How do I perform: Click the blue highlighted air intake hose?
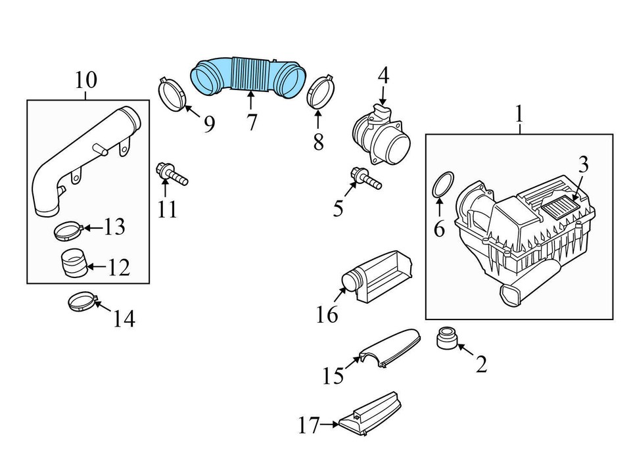pyautogui.click(x=250, y=76)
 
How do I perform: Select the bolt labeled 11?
pyautogui.click(x=171, y=174)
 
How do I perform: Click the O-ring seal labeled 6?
pyautogui.click(x=444, y=184)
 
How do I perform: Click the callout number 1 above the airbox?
pyautogui.click(x=519, y=114)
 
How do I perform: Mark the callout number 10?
pyautogui.click(x=85, y=80)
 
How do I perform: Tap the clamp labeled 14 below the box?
pyautogui.click(x=82, y=303)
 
